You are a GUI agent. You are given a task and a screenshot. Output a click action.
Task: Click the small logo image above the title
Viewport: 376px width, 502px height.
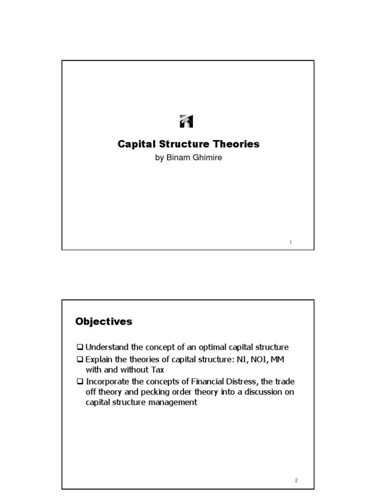187,121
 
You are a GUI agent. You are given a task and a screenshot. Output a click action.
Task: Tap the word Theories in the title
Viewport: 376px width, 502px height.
237,145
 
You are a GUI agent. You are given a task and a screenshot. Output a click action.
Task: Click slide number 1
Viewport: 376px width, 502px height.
290,243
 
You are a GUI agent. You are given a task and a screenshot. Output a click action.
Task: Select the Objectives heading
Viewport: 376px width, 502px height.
104,322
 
